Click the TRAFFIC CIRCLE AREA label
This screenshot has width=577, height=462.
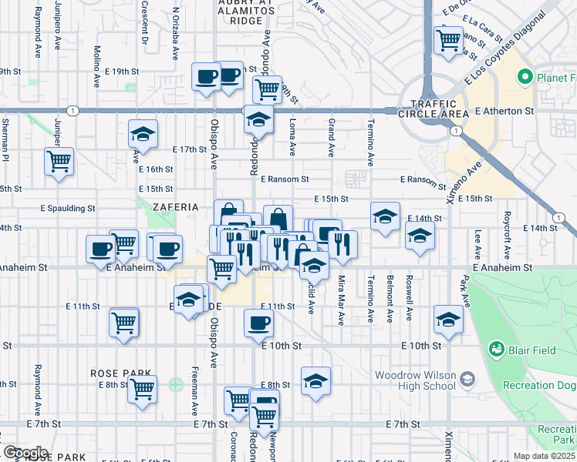(440, 109)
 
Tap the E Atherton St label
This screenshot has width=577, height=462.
(504, 111)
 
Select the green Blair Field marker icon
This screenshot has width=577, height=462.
(496, 350)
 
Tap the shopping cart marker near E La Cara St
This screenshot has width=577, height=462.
(448, 39)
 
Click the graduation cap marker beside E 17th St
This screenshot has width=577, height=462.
(143, 135)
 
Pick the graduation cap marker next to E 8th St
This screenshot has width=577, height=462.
(315, 382)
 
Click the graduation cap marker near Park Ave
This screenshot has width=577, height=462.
(448, 319)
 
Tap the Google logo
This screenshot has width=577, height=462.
(25, 453)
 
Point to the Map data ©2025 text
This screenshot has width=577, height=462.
(545, 456)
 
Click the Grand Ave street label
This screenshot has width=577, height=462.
(332, 136)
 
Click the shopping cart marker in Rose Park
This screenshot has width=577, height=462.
(142, 390)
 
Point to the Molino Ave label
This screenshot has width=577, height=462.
(97, 57)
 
